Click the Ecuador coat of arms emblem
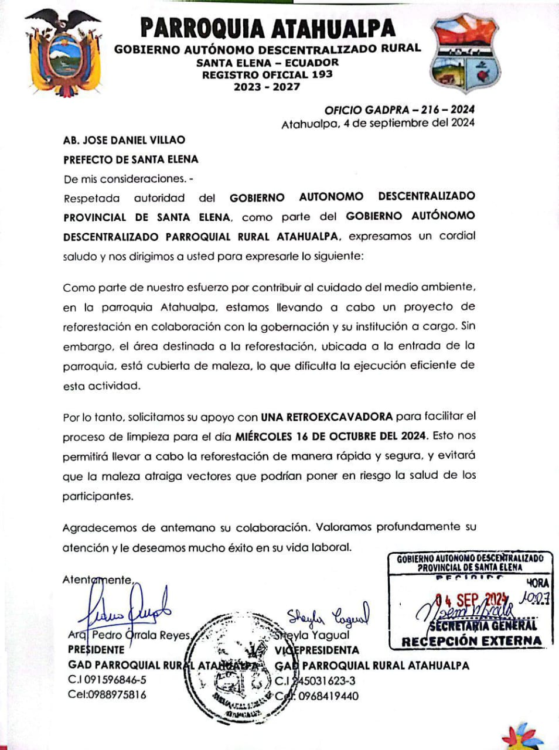click(57, 53)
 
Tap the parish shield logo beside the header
click(464, 54)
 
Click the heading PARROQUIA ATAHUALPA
click(268, 28)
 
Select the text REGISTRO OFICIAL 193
click(267, 74)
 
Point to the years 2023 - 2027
click(267, 87)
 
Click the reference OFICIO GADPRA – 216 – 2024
click(399, 110)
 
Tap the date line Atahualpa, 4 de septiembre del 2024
click(377, 123)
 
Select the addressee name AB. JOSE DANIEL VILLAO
click(124, 140)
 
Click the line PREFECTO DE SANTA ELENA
click(131, 159)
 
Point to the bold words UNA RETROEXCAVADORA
click(326, 417)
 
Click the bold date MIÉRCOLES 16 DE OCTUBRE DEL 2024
click(332, 437)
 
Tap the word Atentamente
click(98, 580)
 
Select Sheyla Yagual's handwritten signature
click(328, 616)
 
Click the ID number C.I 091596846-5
click(107, 680)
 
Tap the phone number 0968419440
click(328, 696)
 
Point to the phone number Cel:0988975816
click(107, 695)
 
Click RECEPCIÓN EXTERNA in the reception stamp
click(471, 640)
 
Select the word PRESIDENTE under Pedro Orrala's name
click(96, 650)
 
